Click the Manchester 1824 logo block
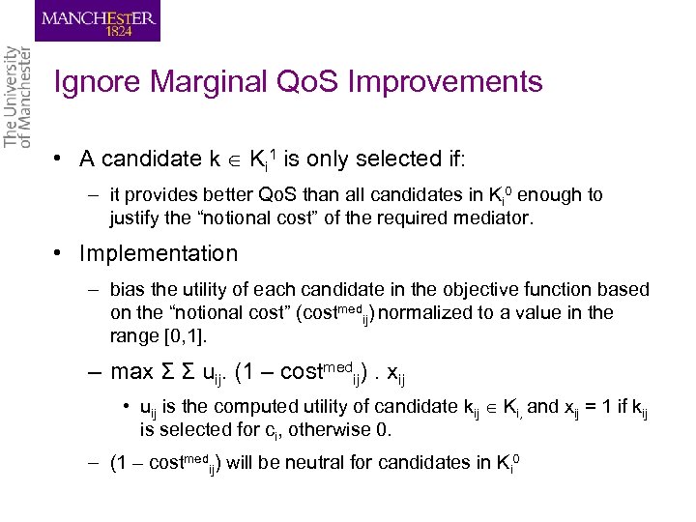click(x=98, y=20)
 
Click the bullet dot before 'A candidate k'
click(x=60, y=159)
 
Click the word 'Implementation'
click(x=159, y=254)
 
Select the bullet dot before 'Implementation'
click(x=60, y=254)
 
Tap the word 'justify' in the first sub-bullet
click(x=135, y=217)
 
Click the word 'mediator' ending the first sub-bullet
click(x=495, y=217)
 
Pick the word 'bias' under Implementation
click(x=128, y=290)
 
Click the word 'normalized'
click(x=428, y=312)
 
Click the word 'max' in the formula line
click(x=132, y=372)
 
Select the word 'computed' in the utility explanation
click(x=247, y=407)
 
